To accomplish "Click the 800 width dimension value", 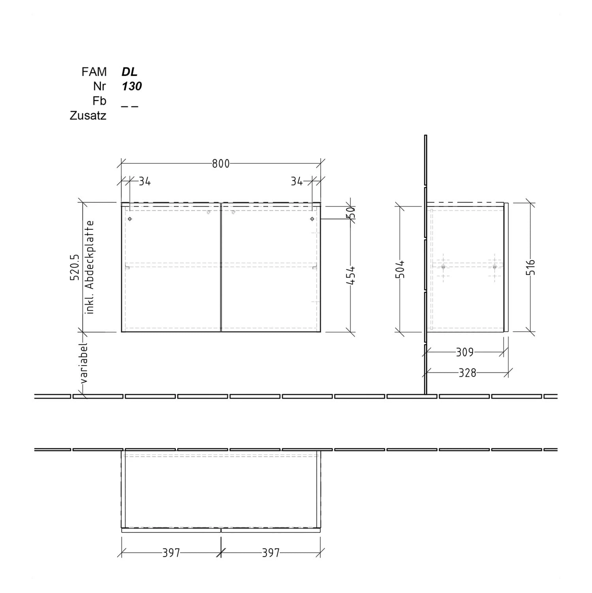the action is [220, 163].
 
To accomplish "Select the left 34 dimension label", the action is [145, 181].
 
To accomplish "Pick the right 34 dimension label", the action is [297, 181].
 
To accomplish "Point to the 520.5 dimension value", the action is [75, 268].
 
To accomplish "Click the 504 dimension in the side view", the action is [400, 269].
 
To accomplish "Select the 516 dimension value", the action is [530, 267].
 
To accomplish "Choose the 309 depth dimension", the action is [464, 352].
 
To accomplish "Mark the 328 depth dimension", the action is [467, 373].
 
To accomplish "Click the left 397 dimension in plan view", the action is [171, 553].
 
